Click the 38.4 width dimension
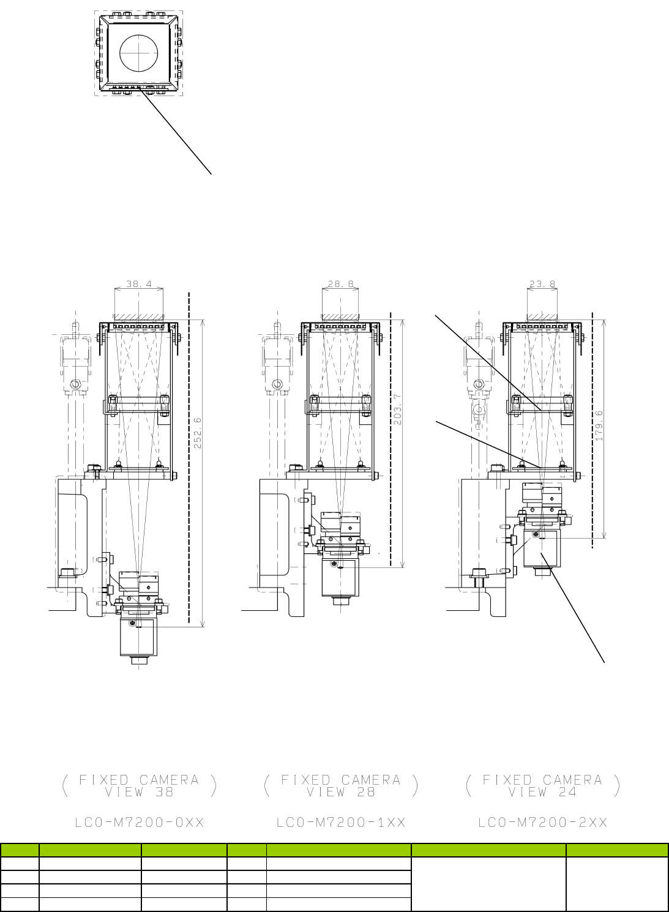139,284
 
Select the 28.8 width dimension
341,284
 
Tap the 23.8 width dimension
542,284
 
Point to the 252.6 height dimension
198,433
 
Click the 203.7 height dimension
398,409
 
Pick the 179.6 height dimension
599,425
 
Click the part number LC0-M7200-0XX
140,823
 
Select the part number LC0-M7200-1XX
341,823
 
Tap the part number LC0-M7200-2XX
543,823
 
